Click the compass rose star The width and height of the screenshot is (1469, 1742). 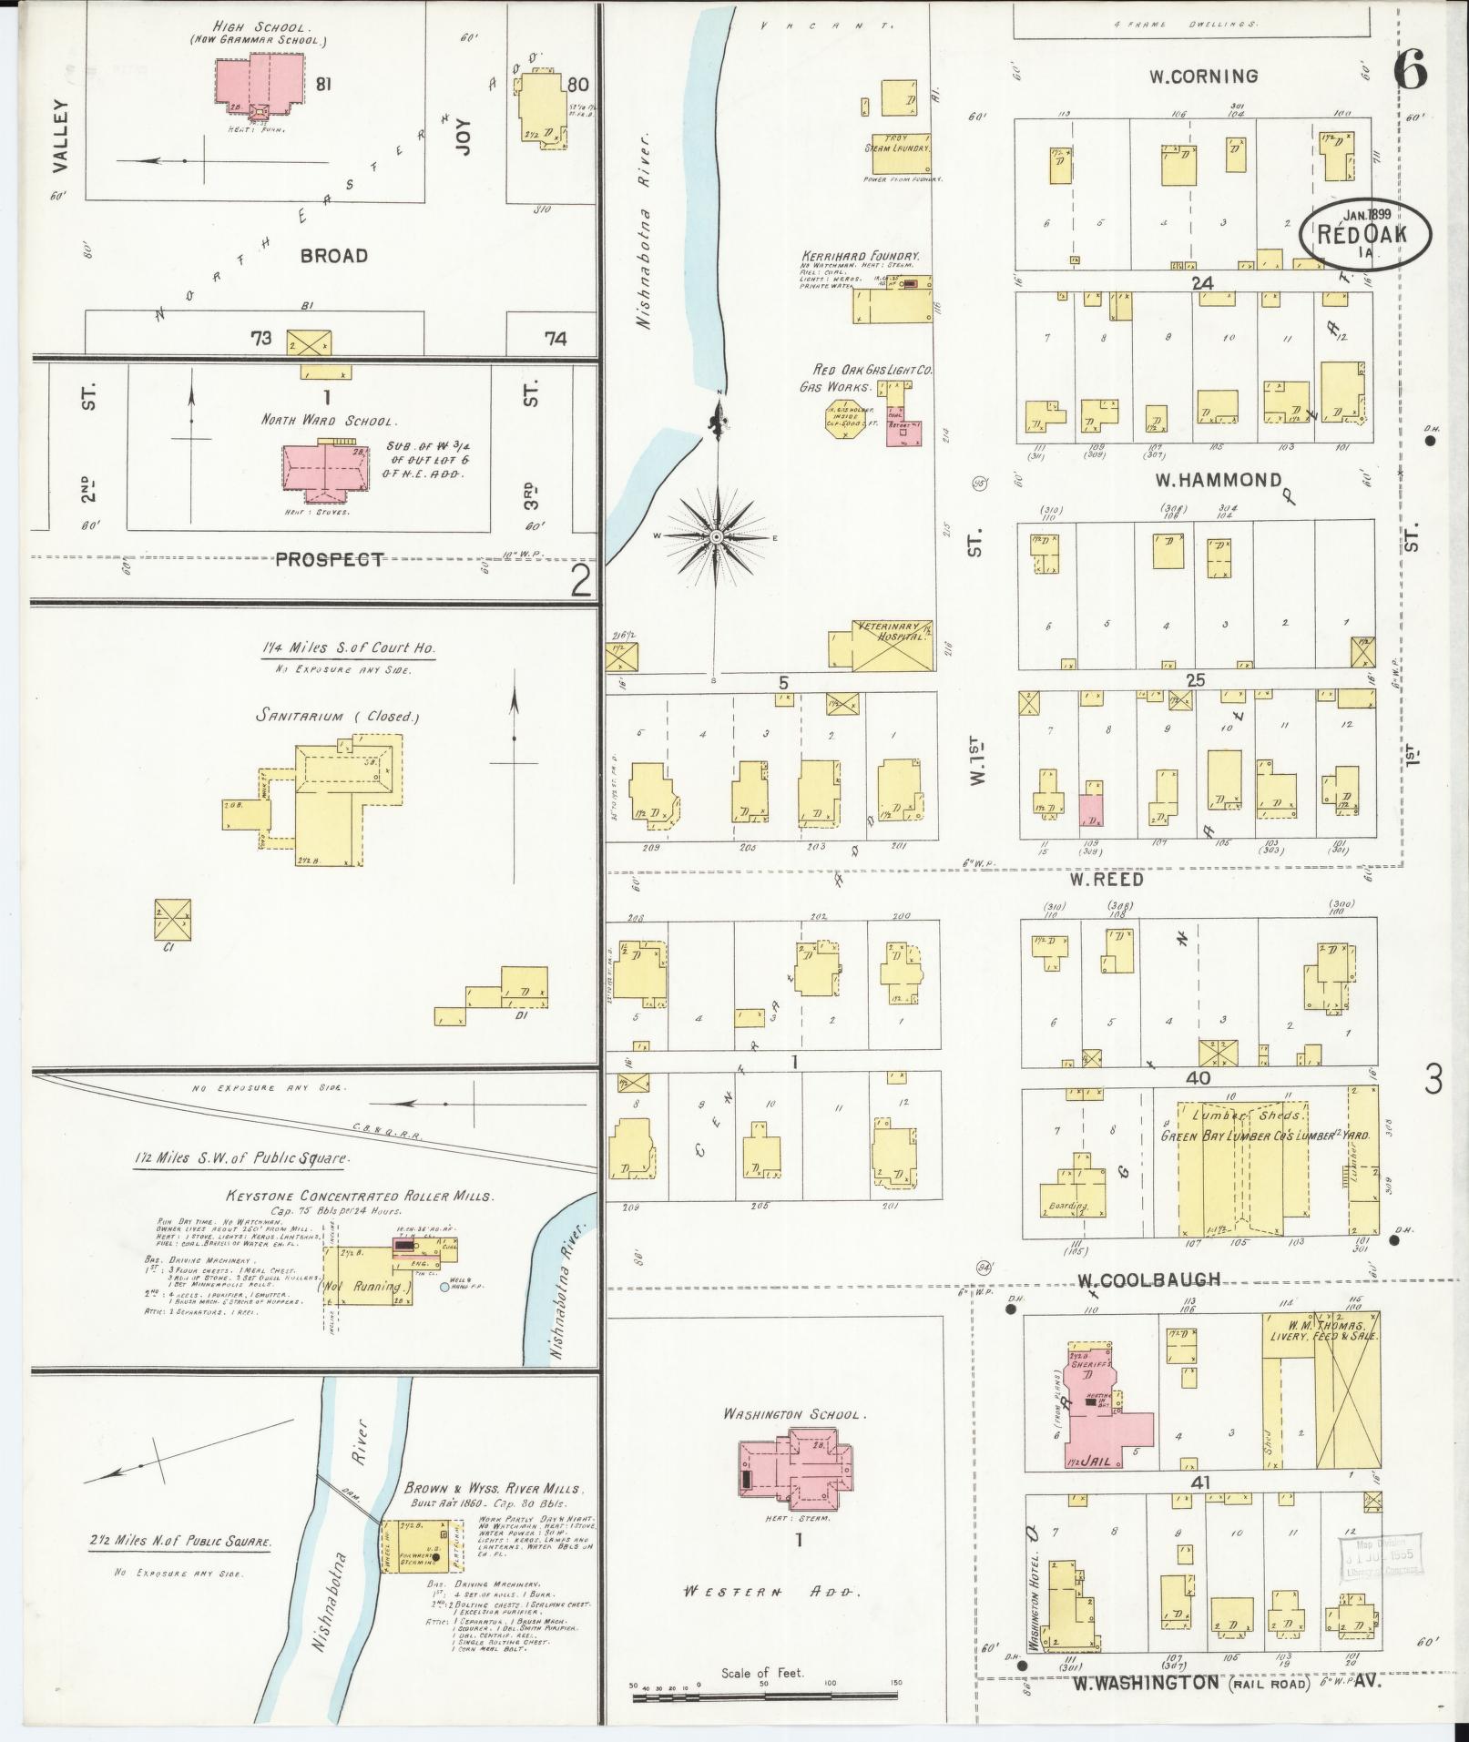point(717,538)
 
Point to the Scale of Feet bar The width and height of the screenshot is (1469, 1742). point(766,1696)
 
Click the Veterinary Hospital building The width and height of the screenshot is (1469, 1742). point(882,646)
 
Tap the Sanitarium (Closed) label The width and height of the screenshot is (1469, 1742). point(337,716)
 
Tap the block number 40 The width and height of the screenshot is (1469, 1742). point(1198,1076)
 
